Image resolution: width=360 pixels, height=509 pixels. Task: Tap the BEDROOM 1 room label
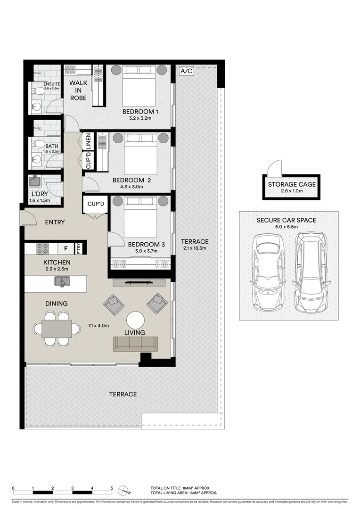point(140,112)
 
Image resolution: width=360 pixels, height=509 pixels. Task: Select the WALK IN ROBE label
point(78,90)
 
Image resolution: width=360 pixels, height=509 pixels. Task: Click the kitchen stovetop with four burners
point(43,248)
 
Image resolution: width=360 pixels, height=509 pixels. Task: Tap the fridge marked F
point(65,248)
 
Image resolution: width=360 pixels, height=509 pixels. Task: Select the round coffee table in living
point(136,320)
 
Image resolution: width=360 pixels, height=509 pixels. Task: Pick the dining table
point(57,328)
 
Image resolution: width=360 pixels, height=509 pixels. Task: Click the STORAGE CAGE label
point(292,184)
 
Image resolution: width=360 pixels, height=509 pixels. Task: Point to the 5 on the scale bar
point(112,488)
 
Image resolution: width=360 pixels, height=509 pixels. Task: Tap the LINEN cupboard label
point(88,141)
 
